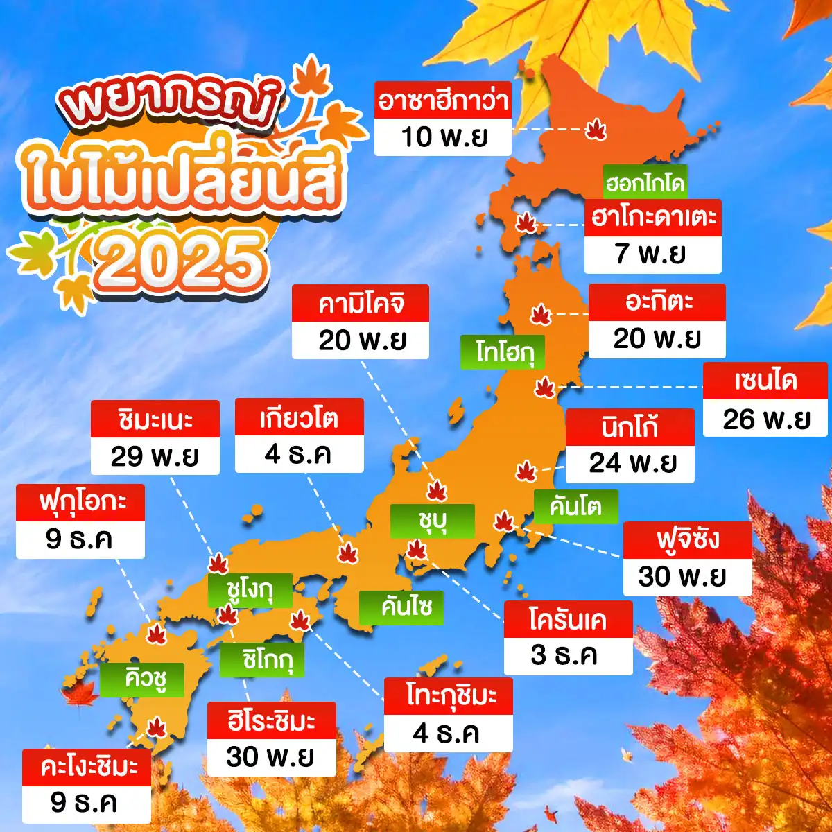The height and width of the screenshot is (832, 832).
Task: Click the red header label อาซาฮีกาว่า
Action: (442, 101)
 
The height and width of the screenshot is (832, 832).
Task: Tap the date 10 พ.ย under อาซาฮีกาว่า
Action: (442, 137)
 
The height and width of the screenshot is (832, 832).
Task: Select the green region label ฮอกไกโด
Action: (645, 183)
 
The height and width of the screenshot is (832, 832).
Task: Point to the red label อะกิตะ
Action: (657, 302)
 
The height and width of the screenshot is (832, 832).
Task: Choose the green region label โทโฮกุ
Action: (503, 352)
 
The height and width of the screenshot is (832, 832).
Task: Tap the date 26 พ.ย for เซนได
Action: (766, 419)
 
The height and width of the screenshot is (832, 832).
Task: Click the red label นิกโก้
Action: (630, 427)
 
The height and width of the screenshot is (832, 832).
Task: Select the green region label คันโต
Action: (575, 506)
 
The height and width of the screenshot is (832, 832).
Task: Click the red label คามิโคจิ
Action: (361, 304)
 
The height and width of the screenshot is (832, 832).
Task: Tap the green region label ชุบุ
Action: (432, 521)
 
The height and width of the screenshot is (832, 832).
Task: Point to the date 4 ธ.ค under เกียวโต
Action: (299, 455)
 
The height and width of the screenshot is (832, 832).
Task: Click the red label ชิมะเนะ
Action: (155, 419)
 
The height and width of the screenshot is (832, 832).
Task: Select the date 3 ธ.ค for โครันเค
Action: (568, 655)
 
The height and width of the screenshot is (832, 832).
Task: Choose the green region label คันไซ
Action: (401, 607)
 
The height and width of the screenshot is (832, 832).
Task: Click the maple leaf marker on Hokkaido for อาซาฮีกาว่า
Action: (596, 129)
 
